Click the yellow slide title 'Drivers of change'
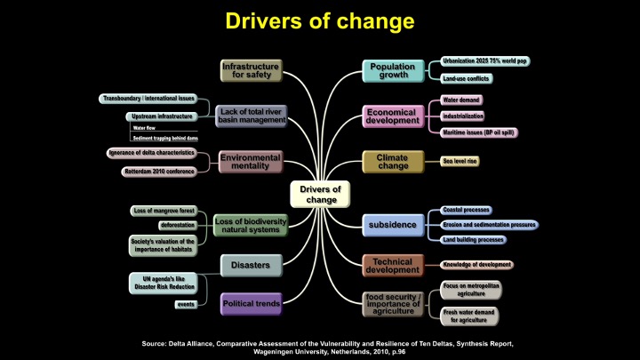coord(319,20)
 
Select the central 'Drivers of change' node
coord(321,193)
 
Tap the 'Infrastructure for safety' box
coord(251,70)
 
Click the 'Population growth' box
coord(392,70)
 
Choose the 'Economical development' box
coord(392,116)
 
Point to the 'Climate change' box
coord(392,163)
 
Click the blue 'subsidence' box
coord(392,224)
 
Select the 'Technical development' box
coord(392,264)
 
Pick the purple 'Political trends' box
coord(251,304)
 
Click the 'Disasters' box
coord(251,263)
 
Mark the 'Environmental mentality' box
coord(251,162)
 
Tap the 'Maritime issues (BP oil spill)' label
coord(479,132)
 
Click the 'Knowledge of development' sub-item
coord(477,264)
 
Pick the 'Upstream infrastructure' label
coord(163,116)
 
